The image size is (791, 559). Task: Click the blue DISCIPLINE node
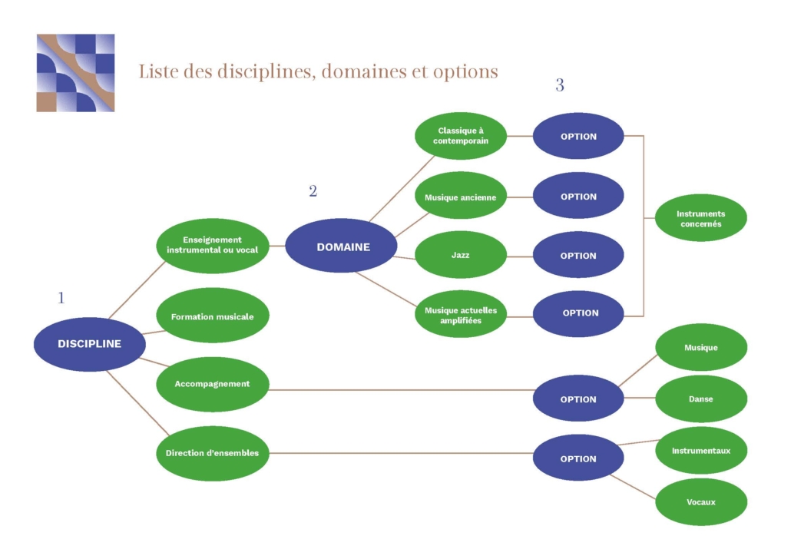(x=89, y=344)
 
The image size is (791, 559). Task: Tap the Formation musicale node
(x=212, y=316)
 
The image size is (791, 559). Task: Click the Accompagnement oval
(x=212, y=384)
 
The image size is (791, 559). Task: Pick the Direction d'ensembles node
(x=212, y=453)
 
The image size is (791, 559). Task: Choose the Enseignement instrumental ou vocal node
(x=212, y=245)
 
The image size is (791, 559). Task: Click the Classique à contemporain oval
(x=461, y=136)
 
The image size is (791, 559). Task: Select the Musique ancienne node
(x=461, y=197)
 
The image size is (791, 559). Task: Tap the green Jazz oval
(x=461, y=255)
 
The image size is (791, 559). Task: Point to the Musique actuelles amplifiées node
(x=461, y=315)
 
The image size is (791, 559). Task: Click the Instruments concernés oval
(x=700, y=219)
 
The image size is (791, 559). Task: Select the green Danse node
(x=700, y=399)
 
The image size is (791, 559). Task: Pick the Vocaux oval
(x=700, y=502)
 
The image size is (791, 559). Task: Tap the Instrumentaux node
(x=700, y=451)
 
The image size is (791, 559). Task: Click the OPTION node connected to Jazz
(x=578, y=256)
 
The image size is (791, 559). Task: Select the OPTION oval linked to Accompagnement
(x=578, y=399)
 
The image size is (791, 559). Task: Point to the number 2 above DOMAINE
(x=313, y=191)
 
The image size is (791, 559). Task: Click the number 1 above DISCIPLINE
(x=61, y=298)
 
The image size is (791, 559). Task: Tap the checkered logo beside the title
(x=75, y=73)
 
